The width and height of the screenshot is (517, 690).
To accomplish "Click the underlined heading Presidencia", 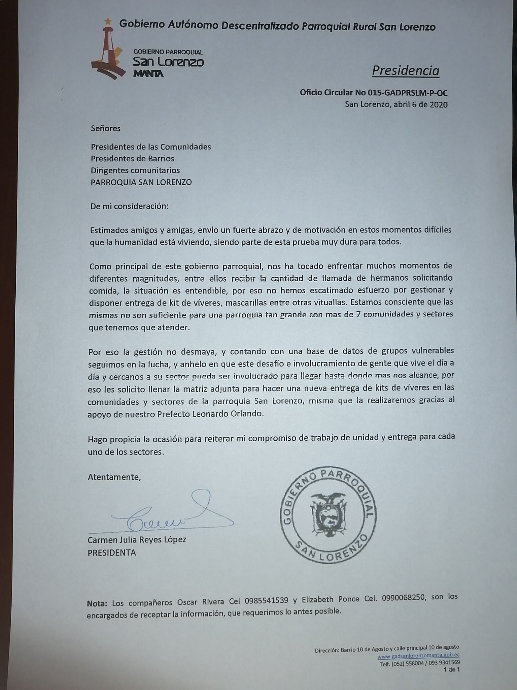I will (406, 71).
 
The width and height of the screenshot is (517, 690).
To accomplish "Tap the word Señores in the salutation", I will (105, 128).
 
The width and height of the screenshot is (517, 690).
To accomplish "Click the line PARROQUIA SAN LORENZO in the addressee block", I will (141, 182).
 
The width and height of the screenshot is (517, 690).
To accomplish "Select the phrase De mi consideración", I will (129, 206).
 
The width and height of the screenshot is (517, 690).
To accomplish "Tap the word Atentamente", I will (114, 477).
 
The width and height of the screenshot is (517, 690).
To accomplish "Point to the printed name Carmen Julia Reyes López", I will (137, 540).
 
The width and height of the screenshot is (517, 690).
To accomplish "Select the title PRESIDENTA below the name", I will (112, 553).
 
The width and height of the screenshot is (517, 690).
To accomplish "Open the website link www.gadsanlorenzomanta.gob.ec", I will (418, 656).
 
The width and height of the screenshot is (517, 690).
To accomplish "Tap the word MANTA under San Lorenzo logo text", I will (148, 74).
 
